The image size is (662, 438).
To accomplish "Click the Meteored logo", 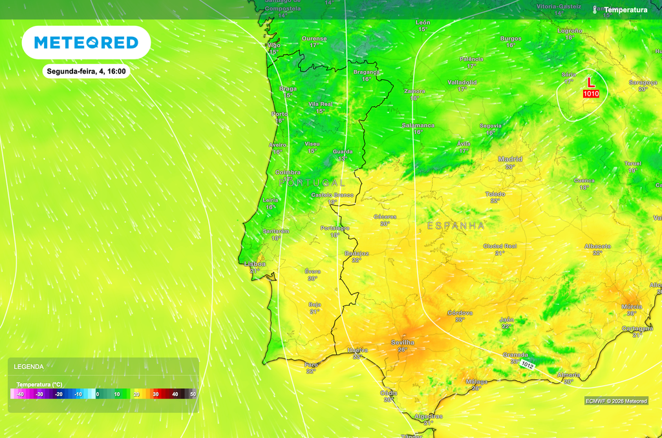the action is (x=86, y=43).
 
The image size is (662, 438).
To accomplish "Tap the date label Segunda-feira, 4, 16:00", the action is (x=86, y=72).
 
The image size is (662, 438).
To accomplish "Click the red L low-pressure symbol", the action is (x=590, y=83).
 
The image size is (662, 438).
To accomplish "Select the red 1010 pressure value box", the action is (x=591, y=94).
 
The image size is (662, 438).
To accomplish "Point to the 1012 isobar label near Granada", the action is (x=528, y=365).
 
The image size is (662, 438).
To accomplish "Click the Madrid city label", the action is (x=510, y=159).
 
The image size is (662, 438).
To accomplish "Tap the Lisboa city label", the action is (x=254, y=264).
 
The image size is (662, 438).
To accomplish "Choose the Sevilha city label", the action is (x=403, y=342).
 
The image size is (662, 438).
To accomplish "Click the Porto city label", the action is (x=280, y=114).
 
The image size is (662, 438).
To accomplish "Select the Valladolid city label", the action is (x=462, y=82).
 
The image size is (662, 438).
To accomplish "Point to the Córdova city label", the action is (x=460, y=313).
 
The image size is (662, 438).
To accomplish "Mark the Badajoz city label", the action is (x=357, y=253).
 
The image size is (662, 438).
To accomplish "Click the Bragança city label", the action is (x=366, y=72).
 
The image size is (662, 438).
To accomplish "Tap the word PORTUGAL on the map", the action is (x=312, y=183).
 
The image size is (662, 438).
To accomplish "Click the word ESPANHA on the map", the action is (x=456, y=225).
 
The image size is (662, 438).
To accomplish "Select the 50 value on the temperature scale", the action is (x=193, y=394).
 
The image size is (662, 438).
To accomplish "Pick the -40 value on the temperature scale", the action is (x=20, y=394).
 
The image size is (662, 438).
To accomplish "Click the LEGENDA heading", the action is (x=29, y=366).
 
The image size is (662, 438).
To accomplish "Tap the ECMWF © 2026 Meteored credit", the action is (x=615, y=401).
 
